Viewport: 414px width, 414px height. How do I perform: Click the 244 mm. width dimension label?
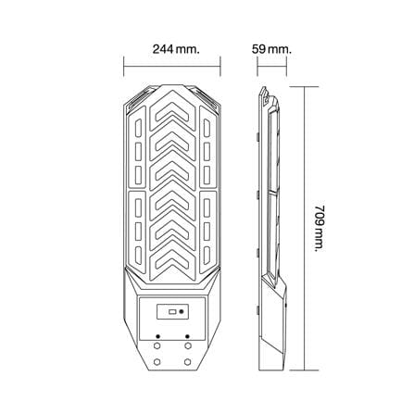(x=176, y=49)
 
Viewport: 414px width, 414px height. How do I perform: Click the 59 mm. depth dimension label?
(x=271, y=49)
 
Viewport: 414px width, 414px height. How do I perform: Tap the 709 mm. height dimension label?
(x=320, y=228)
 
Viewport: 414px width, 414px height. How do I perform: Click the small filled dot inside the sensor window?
(x=182, y=312)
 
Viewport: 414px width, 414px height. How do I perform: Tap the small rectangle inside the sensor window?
(x=172, y=312)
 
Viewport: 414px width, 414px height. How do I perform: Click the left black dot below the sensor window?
(x=158, y=336)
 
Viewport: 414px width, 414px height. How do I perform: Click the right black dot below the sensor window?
(x=187, y=336)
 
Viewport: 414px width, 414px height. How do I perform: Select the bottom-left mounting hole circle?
(x=157, y=361)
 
